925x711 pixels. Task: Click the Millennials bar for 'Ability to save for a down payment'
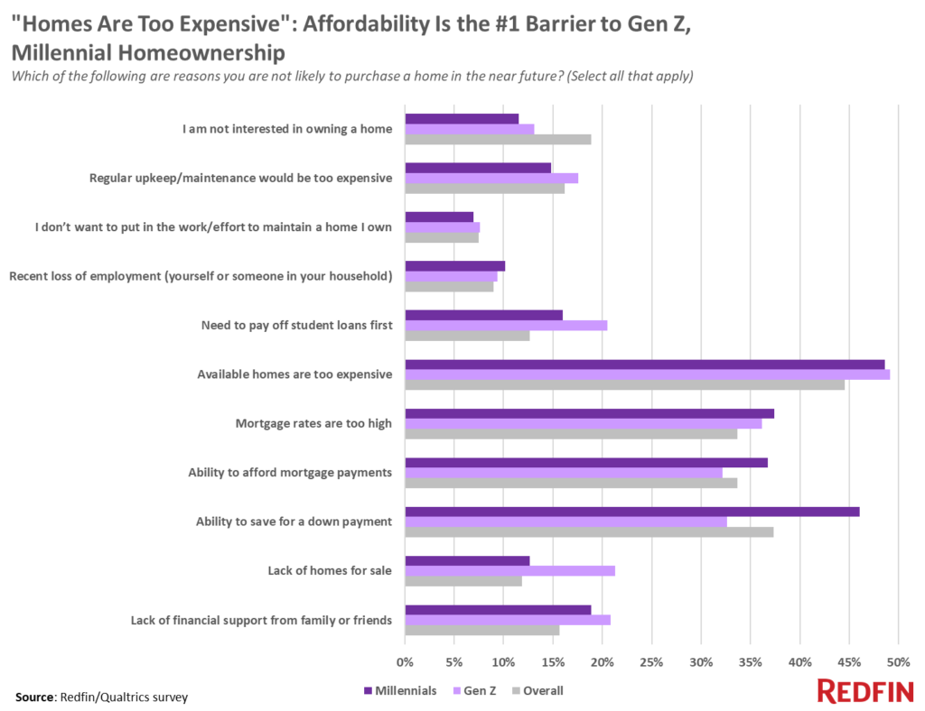coord(632,512)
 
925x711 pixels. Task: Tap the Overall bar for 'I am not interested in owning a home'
coord(498,140)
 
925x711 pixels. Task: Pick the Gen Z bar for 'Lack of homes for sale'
coord(509,570)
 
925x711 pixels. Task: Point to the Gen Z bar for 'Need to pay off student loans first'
coord(506,325)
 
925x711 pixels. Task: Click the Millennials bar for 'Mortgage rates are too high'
coord(589,413)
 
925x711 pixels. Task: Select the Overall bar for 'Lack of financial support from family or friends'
coord(482,631)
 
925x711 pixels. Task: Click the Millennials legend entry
coord(400,691)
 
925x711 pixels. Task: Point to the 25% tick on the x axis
coord(651,662)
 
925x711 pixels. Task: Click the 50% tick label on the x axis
coord(898,662)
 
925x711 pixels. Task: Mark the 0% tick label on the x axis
coord(406,662)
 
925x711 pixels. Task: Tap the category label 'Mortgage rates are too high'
coord(313,423)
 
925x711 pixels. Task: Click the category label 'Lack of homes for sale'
coord(330,570)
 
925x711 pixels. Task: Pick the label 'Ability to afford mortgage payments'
coord(290,472)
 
